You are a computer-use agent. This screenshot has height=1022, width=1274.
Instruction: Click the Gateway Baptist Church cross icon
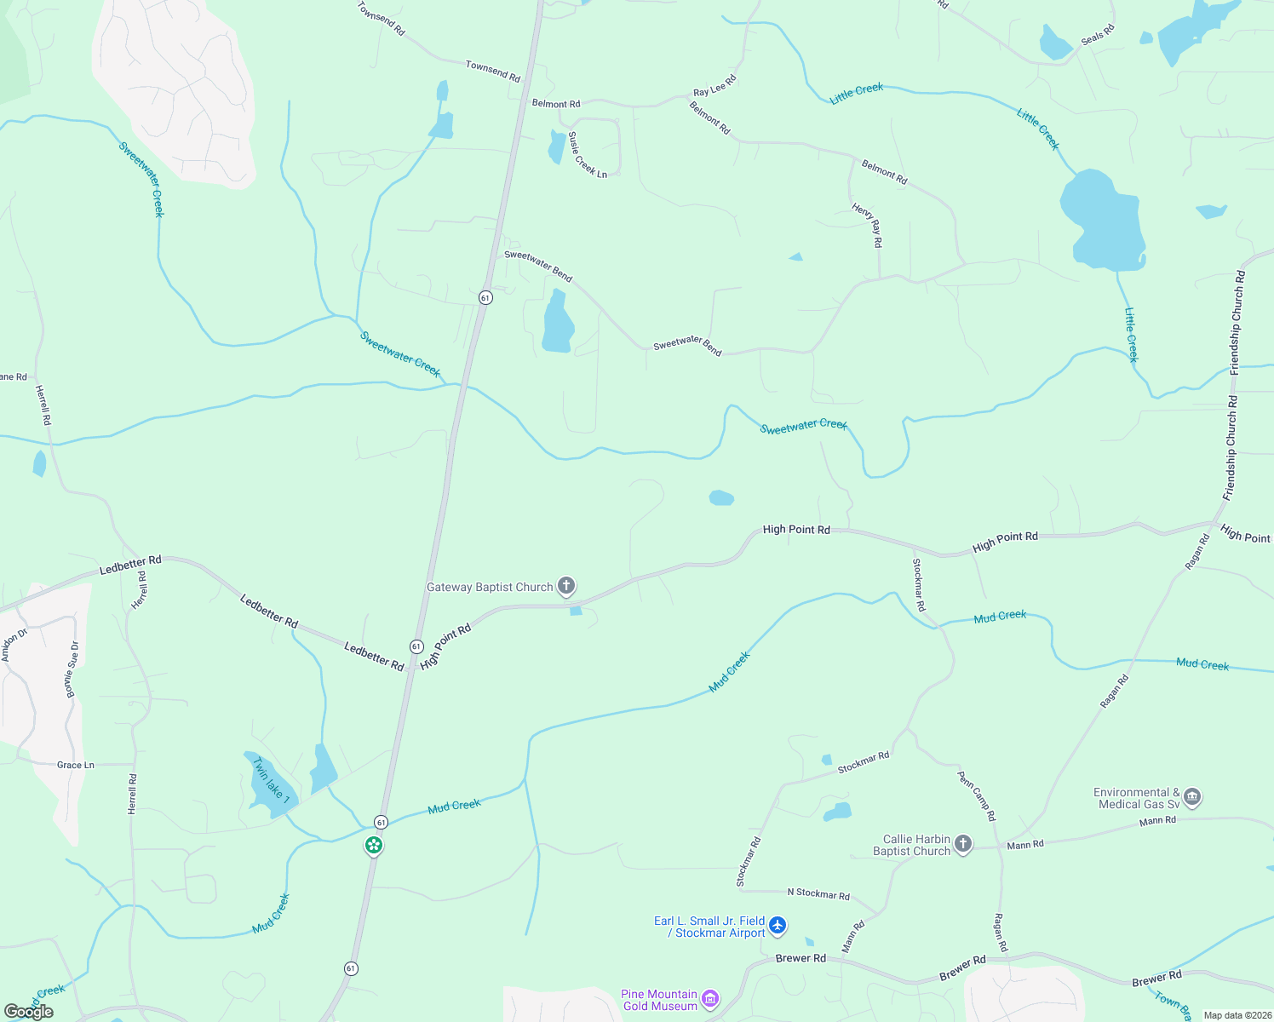pos(566,586)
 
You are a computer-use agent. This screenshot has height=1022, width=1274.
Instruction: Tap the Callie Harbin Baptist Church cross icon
pos(963,844)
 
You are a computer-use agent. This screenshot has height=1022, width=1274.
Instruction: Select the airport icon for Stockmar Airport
pos(778,926)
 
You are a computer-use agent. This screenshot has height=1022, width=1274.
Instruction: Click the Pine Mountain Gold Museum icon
pos(710,999)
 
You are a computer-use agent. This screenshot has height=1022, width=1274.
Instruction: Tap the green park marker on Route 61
pos(374,846)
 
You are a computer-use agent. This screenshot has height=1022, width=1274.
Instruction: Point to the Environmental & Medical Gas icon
pos(1192,797)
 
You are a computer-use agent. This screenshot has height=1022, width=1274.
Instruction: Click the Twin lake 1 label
pos(271,781)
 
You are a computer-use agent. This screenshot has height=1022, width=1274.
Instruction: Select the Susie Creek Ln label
pos(588,155)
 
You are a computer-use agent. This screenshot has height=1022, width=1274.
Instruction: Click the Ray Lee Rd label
pos(714,86)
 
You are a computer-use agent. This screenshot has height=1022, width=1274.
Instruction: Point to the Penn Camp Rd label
pos(976,796)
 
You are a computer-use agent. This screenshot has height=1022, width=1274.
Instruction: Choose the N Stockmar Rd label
pos(818,893)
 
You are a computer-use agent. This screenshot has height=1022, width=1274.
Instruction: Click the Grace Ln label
pos(76,765)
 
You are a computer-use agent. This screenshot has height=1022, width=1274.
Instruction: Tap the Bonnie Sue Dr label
pos(72,669)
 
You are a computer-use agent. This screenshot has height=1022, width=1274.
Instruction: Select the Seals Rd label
pos(1097,35)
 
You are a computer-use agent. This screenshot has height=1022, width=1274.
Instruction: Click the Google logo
pos(29,1012)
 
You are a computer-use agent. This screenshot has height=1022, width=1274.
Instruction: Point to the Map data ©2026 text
pos(1237,1015)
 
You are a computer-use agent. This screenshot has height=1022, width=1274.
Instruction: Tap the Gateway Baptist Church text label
pos(490,587)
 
